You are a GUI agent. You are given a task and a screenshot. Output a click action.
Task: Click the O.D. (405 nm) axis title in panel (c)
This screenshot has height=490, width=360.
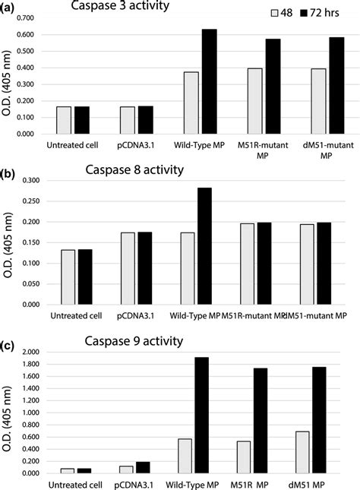10,410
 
